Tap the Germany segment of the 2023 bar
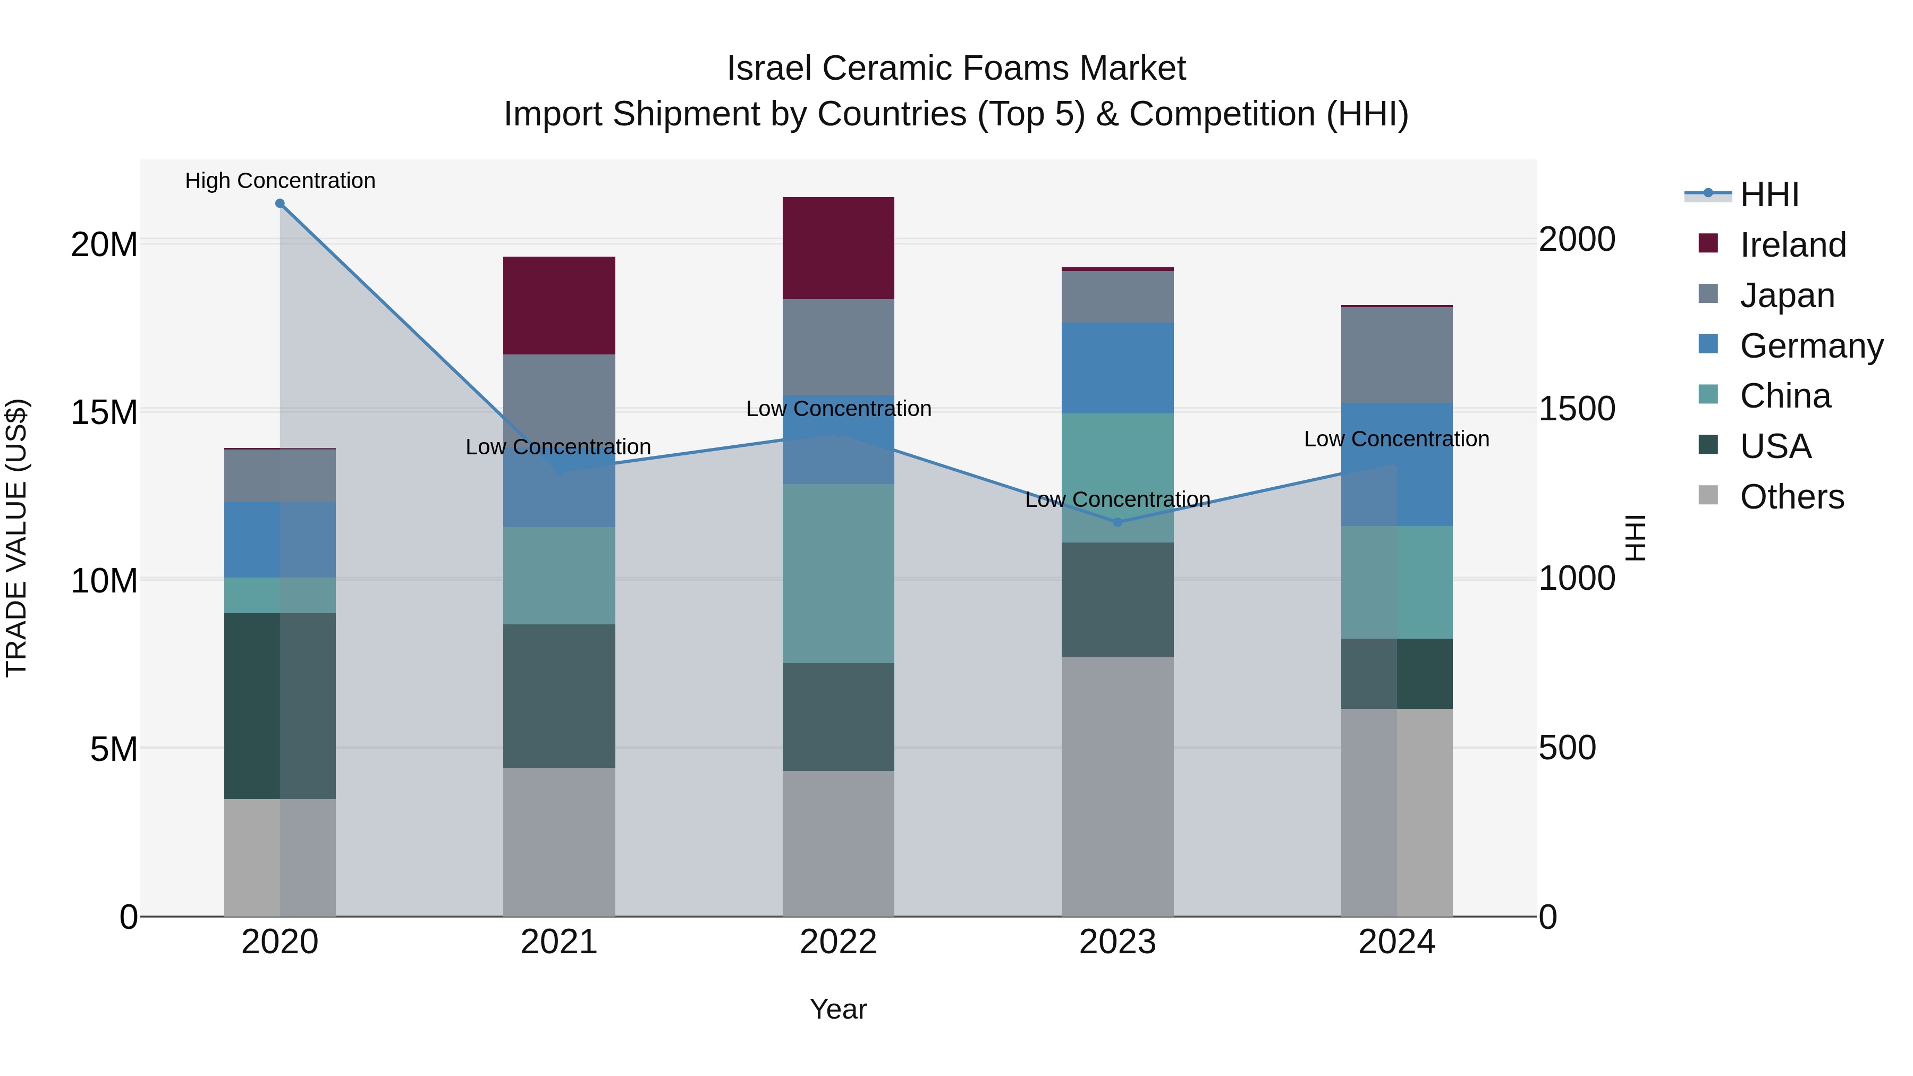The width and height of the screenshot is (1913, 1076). click(1117, 368)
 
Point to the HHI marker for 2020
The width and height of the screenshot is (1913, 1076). click(280, 204)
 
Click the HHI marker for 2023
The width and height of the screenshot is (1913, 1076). click(1118, 522)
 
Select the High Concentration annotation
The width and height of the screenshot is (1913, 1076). click(280, 181)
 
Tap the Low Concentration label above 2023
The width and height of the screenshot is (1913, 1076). click(1117, 500)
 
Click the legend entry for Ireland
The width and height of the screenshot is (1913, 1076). click(1792, 244)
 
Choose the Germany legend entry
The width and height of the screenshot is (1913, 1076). click(1810, 345)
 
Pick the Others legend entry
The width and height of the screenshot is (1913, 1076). click(1791, 497)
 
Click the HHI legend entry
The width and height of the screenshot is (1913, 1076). click(1769, 194)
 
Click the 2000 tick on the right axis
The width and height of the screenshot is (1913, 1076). click(1577, 239)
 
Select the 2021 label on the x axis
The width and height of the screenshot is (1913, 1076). click(558, 942)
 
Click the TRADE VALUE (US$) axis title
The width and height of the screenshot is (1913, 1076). click(16, 538)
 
